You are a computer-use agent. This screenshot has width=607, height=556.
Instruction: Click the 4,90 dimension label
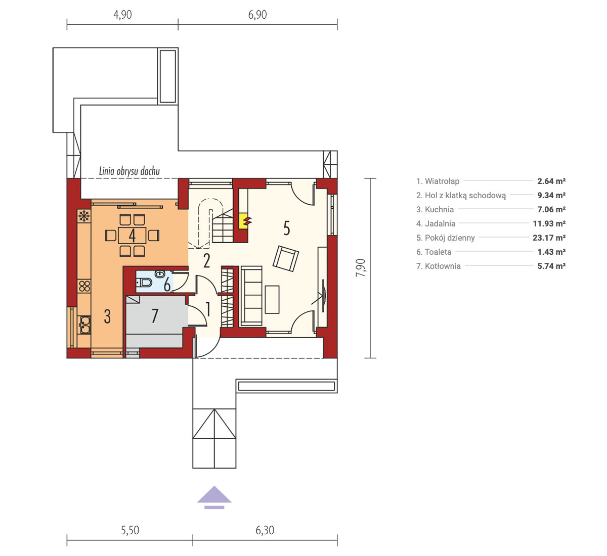(122, 15)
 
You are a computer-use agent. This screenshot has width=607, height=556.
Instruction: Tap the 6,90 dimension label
(257, 15)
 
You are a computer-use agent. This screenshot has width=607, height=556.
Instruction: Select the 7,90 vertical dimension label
(360, 268)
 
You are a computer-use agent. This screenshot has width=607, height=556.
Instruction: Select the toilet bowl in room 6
(144, 283)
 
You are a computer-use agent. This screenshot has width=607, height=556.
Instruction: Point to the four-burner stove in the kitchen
(84, 286)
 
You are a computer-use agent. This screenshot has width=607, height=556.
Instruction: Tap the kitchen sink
(84, 325)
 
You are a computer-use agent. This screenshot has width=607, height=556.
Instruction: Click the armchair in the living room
(286, 259)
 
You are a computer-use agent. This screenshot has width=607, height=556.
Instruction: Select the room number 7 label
(155, 315)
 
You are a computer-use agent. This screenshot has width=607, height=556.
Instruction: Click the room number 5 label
(287, 228)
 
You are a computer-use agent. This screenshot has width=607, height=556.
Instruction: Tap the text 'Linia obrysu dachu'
(129, 171)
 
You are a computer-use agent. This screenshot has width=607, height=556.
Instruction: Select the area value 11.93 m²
(549, 223)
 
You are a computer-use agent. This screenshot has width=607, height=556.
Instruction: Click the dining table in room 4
(132, 236)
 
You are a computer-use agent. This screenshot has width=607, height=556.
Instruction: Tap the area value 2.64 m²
(551, 181)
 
